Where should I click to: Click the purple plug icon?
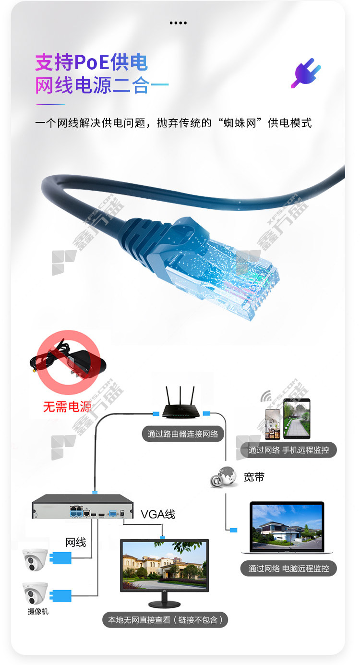306,73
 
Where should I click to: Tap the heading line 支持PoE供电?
91,62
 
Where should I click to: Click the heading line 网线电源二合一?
102,85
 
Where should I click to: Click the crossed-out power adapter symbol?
68,362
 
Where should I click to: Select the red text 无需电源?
67,407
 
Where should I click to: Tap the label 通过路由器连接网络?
183,434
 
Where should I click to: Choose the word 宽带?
254,477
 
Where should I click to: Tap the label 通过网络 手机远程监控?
288,450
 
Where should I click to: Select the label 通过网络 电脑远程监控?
288,568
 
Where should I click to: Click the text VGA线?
158,515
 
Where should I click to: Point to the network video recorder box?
83,507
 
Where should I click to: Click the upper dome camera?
35,559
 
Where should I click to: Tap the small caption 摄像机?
38,612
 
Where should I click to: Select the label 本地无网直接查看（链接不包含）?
165,620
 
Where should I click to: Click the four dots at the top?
178,23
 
